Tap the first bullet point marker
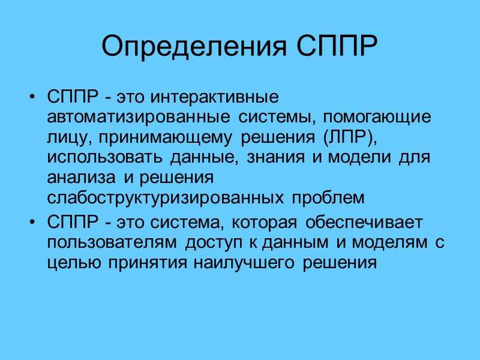coord(32,97)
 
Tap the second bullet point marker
coord(32,223)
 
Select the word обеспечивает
coord(364,223)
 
